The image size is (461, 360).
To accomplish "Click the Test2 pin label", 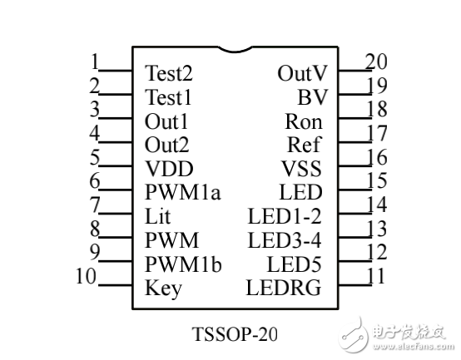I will click(x=169, y=73).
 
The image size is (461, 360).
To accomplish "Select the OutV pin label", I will click(x=302, y=73).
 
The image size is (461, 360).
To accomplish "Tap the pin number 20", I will click(x=376, y=61).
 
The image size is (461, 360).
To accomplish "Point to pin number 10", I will click(x=87, y=276).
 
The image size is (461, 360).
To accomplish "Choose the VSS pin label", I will click(x=301, y=170).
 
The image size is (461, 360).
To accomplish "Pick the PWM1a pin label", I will click(x=182, y=194).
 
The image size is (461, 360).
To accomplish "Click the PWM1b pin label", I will click(x=183, y=265).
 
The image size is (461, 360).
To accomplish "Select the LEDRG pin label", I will click(x=284, y=289).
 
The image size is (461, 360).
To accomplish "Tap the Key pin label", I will click(x=163, y=289).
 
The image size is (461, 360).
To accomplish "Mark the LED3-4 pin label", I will click(x=285, y=241).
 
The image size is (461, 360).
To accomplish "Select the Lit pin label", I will click(x=157, y=218).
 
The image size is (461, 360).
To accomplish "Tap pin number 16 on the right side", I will click(x=376, y=157).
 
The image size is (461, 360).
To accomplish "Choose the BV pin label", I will click(x=313, y=97).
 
